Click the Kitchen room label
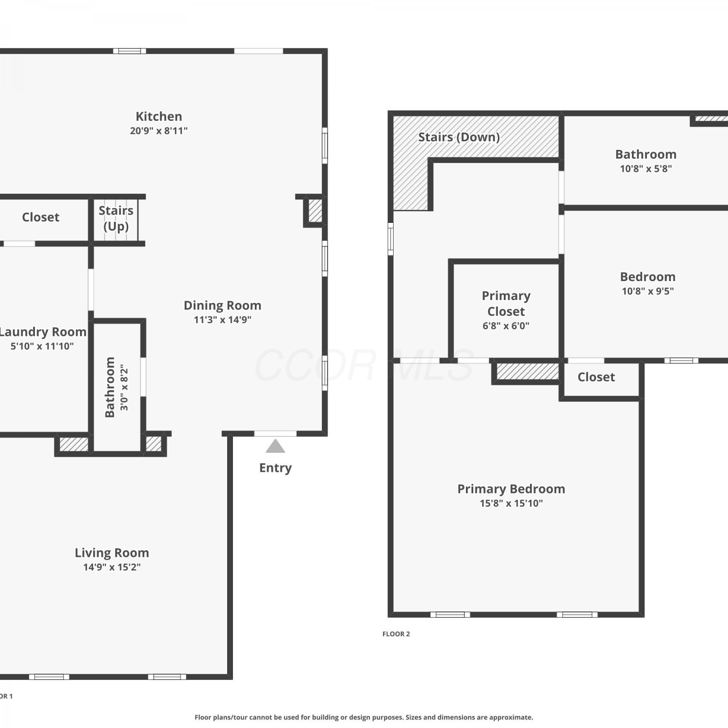point(159,116)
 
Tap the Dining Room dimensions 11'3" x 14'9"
point(222,319)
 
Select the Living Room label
point(112,553)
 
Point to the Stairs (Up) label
point(116,218)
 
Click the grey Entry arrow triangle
point(275,446)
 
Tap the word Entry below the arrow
point(275,468)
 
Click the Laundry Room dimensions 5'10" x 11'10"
point(42,346)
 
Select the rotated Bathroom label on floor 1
point(110,387)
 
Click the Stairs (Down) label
point(459,137)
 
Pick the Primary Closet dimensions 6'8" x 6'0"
point(506,326)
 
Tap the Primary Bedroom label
point(511,489)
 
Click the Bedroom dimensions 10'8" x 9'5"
point(648,291)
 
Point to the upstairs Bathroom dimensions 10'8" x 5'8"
point(646,169)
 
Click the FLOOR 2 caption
point(396,634)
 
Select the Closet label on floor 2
point(596,377)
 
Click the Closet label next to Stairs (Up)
point(41,217)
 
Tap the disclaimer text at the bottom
point(364,717)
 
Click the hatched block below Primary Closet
point(528,372)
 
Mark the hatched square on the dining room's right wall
point(315,211)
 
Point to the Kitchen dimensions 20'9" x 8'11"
point(159,131)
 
